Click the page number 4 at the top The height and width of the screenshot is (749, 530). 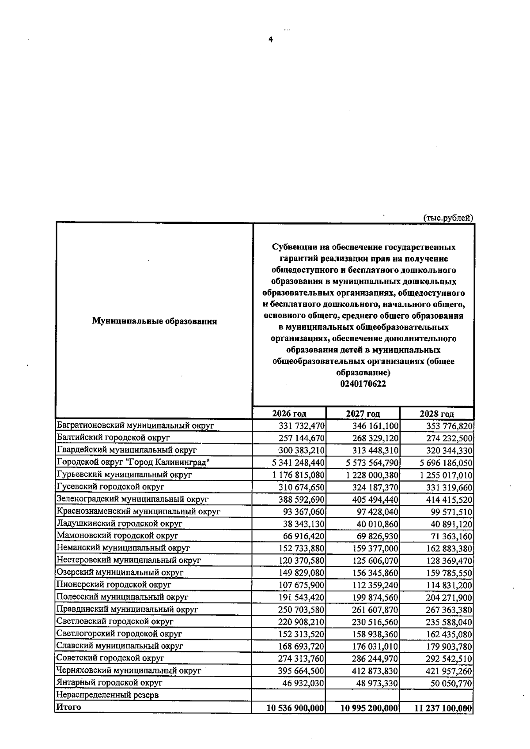271,40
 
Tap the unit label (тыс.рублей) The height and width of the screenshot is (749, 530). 448,218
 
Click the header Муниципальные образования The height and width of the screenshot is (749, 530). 154,321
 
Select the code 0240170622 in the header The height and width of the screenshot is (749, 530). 363,384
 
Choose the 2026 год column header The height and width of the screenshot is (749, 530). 289,414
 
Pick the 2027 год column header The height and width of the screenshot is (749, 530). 363,414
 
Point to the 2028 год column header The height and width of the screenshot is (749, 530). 436,414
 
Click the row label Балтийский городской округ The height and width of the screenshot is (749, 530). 114,438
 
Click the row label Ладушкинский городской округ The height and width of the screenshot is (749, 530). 119,524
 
